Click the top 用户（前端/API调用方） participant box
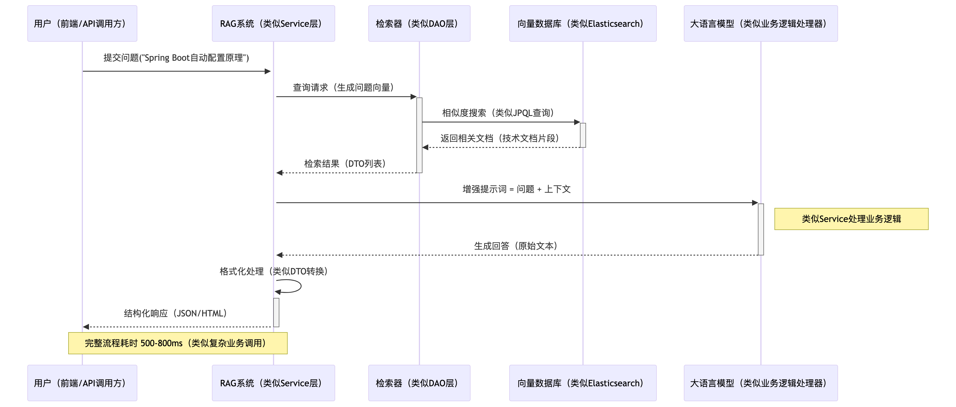[82, 23]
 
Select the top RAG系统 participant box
[273, 23]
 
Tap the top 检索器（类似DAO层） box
[419, 23]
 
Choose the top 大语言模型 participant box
[760, 23]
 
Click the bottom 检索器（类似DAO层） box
[419, 383]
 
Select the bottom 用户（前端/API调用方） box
[82, 383]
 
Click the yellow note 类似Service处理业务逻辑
[851, 219]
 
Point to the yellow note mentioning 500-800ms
[177, 343]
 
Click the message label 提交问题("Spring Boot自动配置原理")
[176, 58]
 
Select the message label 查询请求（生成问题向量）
[343, 88]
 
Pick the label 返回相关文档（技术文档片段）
[500, 138]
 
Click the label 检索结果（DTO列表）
[345, 164]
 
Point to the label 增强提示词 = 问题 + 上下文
[516, 189]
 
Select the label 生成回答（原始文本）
[516, 246]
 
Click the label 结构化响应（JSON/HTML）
[175, 313]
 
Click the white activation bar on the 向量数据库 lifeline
[583, 135]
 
